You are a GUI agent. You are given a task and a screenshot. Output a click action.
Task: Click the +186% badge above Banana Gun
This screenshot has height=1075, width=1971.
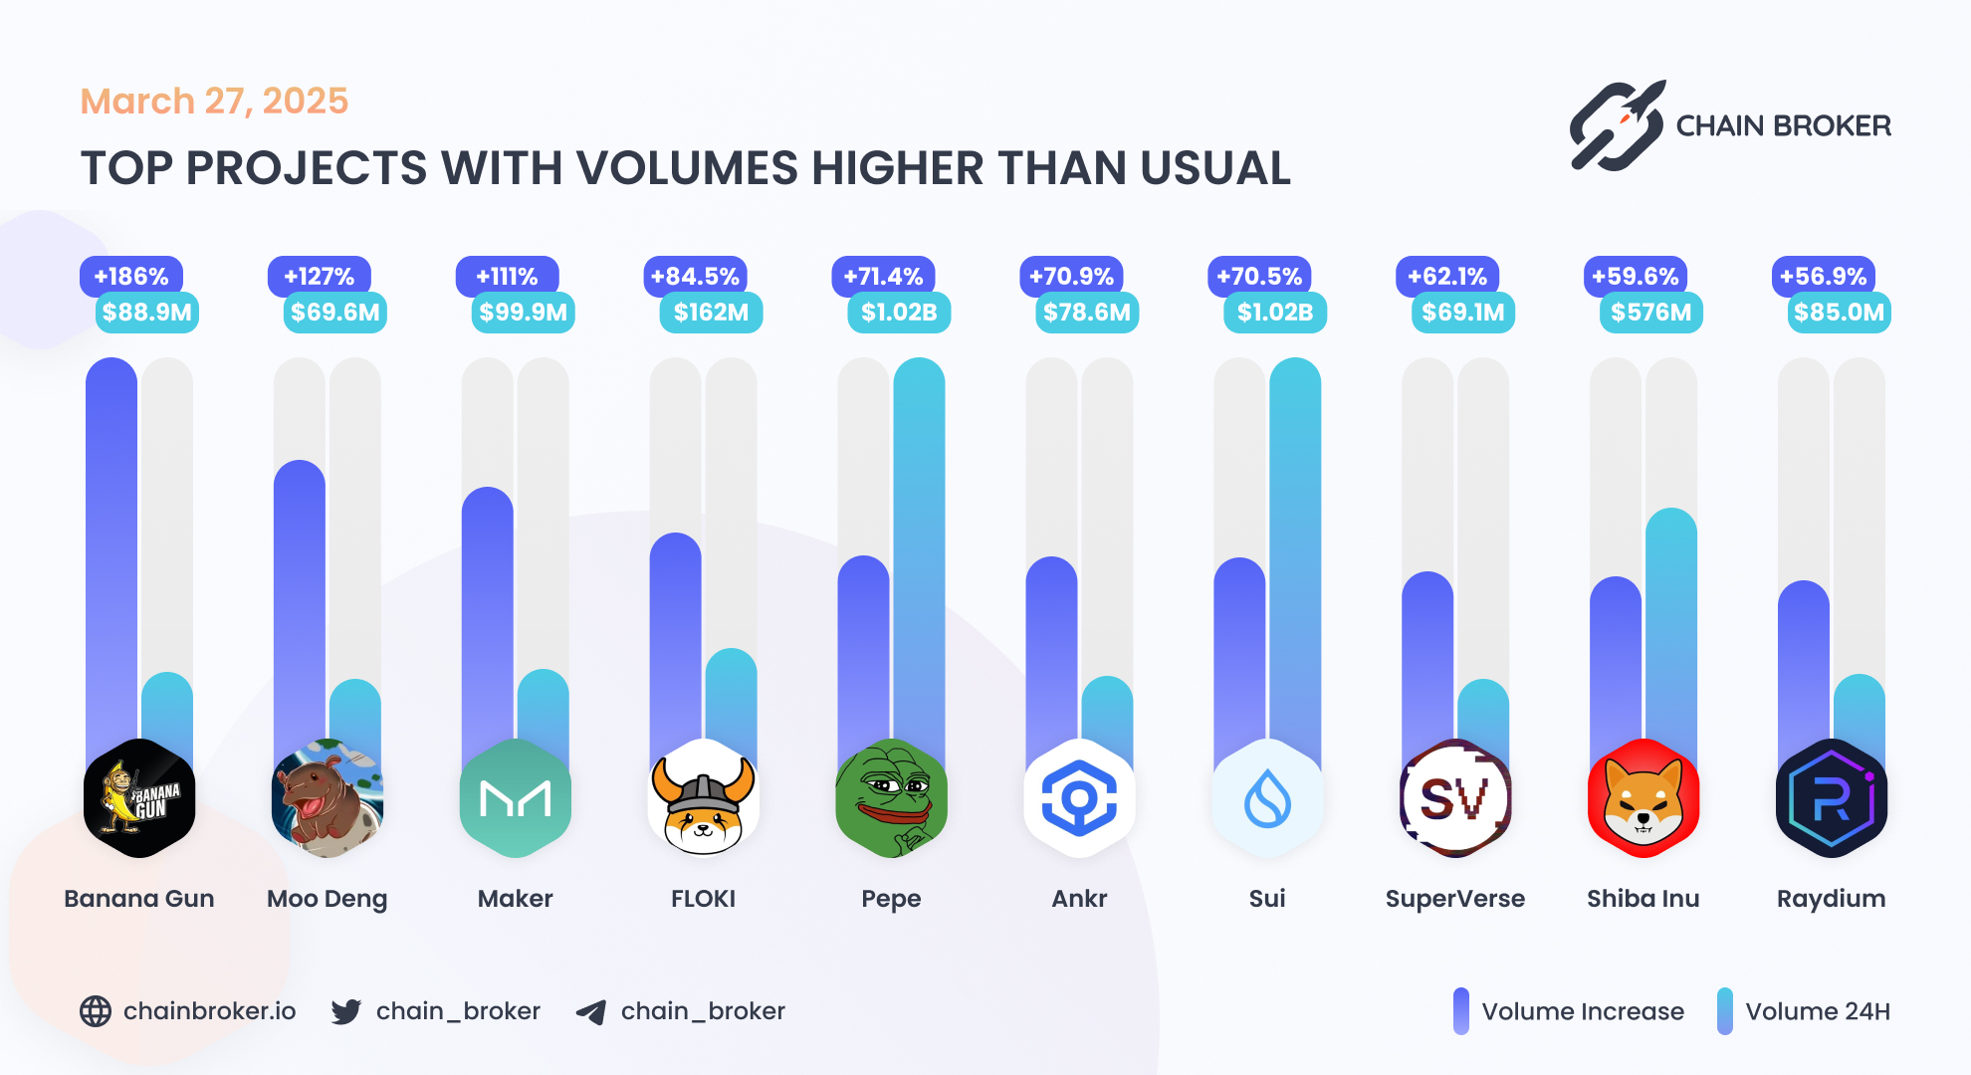[131, 277]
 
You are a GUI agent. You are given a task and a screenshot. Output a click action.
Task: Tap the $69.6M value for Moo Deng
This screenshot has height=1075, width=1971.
[335, 313]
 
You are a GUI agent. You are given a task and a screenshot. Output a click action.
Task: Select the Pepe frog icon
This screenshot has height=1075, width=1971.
[891, 798]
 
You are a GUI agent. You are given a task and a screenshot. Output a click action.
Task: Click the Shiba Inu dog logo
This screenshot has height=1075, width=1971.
[1643, 798]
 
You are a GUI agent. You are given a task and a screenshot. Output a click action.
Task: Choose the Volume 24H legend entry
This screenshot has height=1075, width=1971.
[1804, 1011]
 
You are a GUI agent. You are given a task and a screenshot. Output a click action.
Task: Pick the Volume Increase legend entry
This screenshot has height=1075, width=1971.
[1569, 1011]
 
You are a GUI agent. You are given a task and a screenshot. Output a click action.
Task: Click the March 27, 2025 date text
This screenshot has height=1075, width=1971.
[214, 102]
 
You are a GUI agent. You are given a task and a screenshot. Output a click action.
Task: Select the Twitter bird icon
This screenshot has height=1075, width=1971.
[346, 1012]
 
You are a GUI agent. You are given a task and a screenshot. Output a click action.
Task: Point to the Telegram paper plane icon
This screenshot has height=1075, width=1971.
[591, 1012]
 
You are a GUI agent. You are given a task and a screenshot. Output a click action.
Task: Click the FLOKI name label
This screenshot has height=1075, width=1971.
[703, 899]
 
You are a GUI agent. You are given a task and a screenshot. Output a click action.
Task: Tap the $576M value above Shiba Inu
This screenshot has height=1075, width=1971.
[1651, 313]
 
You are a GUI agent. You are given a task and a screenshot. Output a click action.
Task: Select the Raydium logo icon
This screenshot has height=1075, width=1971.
[1832, 798]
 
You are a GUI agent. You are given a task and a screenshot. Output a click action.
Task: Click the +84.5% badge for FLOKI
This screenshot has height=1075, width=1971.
[695, 277]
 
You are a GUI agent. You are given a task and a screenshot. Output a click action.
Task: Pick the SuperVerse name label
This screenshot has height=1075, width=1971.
[1454, 899]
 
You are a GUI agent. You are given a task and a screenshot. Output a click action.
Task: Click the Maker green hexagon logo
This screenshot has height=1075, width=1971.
[516, 798]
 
